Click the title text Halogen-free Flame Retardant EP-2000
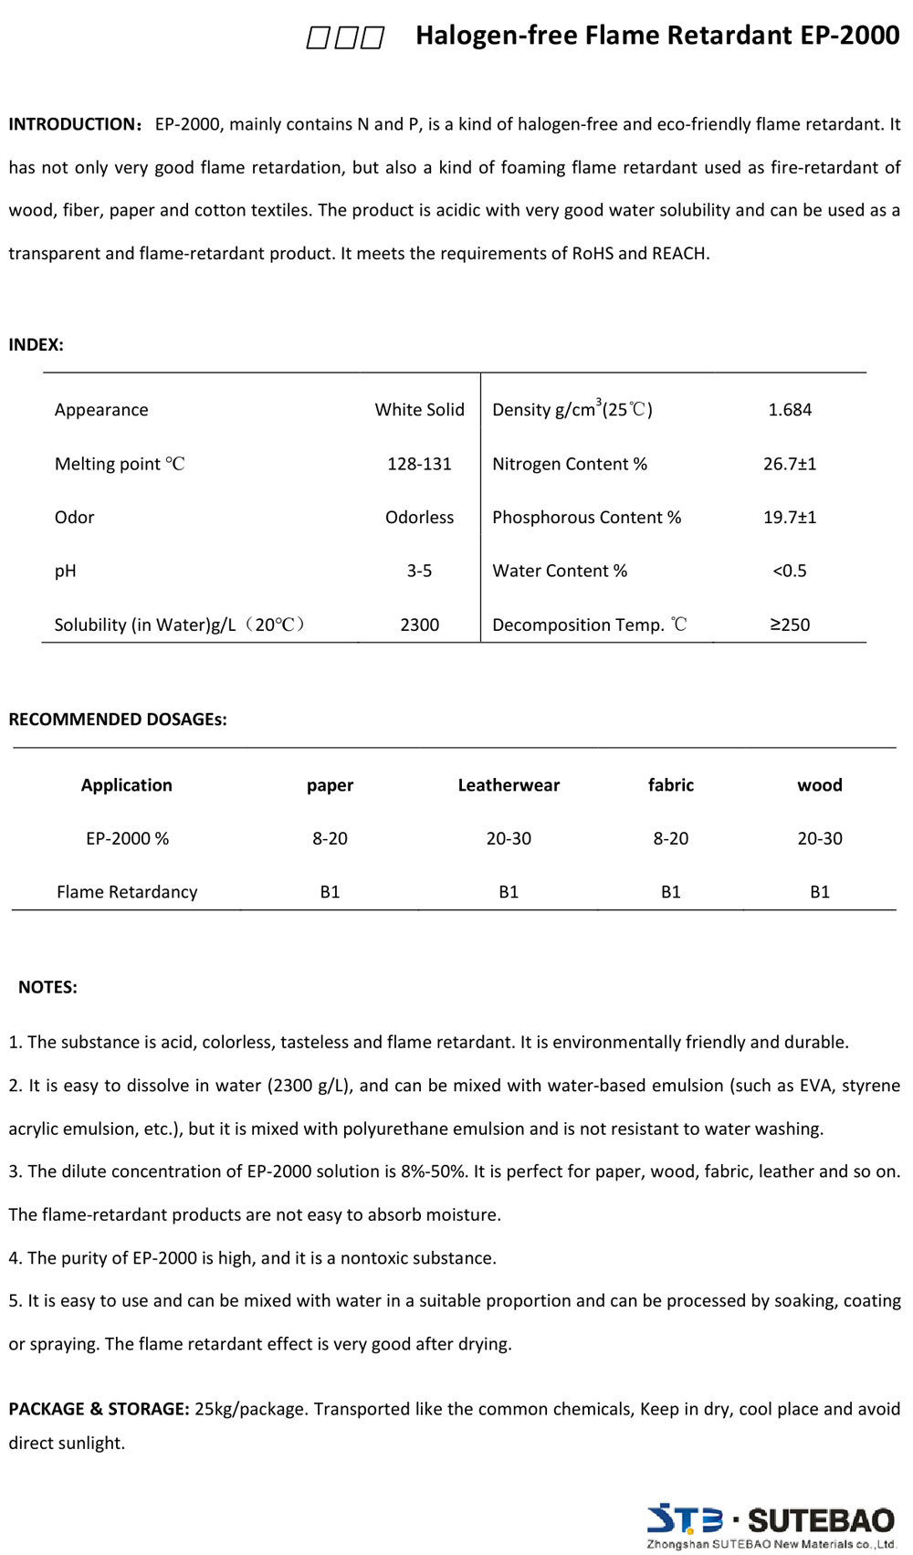pyautogui.click(x=657, y=36)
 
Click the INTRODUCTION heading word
pyautogui.click(x=71, y=124)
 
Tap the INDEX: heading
pyautogui.click(x=36, y=344)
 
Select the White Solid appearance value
pyautogui.click(x=419, y=410)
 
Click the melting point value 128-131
pyautogui.click(x=419, y=464)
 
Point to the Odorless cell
pyautogui.click(x=419, y=517)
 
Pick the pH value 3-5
pyautogui.click(x=419, y=571)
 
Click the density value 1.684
pyautogui.click(x=790, y=410)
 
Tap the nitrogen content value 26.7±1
pyautogui.click(x=790, y=464)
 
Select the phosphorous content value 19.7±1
pyautogui.click(x=790, y=517)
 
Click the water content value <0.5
pyautogui.click(x=790, y=571)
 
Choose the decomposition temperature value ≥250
pyautogui.click(x=790, y=625)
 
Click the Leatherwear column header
pyautogui.click(x=509, y=785)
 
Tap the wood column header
pyautogui.click(x=820, y=785)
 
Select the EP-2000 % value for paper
pyautogui.click(x=330, y=838)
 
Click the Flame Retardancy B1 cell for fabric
pyautogui.click(x=671, y=892)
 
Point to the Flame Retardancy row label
pyautogui.click(x=127, y=892)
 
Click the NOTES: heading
pyautogui.click(x=47, y=987)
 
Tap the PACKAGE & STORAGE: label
pyautogui.click(x=99, y=1409)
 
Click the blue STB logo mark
pyautogui.click(x=685, y=1519)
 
